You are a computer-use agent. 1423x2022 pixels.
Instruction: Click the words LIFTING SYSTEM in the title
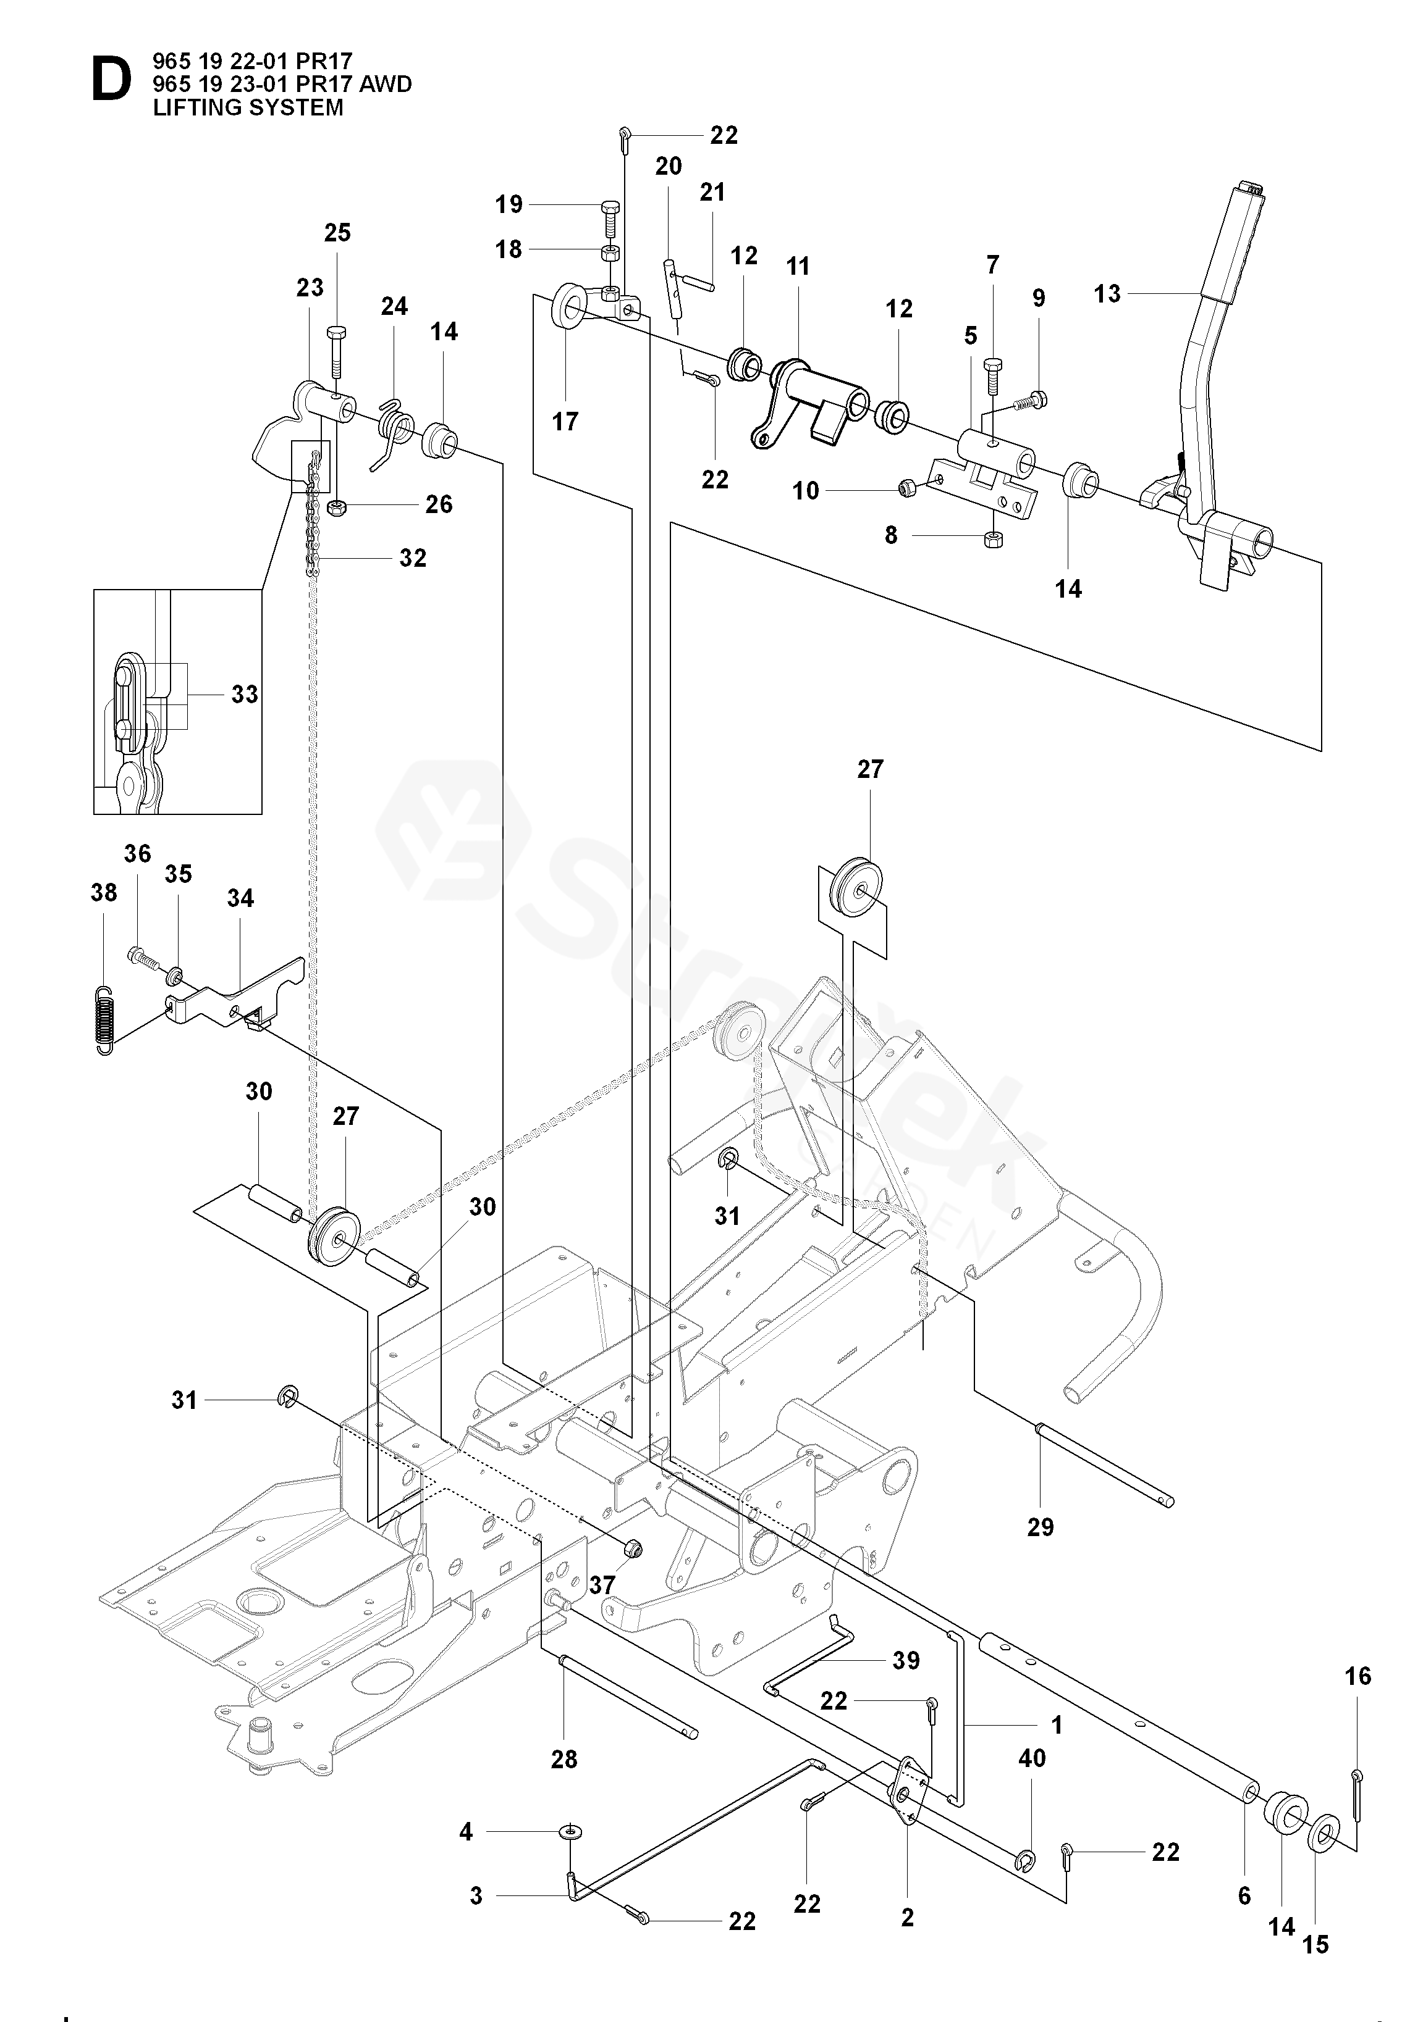coord(248,107)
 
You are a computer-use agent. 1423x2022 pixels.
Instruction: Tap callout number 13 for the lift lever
coord(1107,293)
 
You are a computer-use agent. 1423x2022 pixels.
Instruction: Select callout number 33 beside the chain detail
coord(245,694)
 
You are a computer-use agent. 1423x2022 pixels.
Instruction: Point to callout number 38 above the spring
coord(104,892)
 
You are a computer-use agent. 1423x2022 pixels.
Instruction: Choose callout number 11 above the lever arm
coord(798,266)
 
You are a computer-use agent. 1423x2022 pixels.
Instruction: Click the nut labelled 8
coord(991,538)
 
